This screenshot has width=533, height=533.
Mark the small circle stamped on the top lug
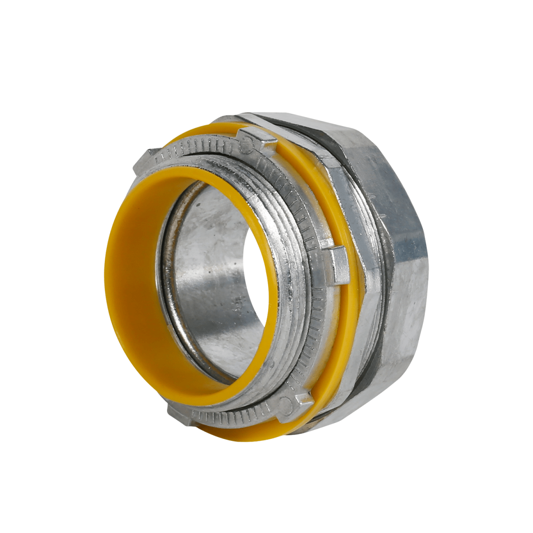(x=247, y=143)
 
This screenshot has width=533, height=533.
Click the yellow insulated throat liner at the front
(x=133, y=284)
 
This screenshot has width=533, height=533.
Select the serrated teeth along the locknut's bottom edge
(x=235, y=418)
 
